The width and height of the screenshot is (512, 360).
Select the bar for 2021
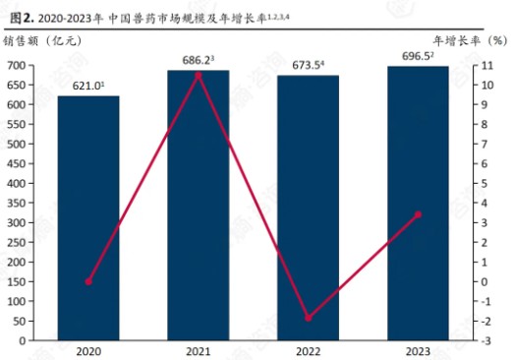pyautogui.click(x=199, y=206)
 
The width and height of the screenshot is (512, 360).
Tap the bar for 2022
pyautogui.click(x=308, y=208)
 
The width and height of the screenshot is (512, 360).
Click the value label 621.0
pyautogui.click(x=86, y=86)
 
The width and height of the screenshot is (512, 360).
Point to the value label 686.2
pyautogui.click(x=198, y=60)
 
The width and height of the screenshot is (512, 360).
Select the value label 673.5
pyautogui.click(x=308, y=65)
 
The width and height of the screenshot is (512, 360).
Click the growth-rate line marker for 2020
pyautogui.click(x=88, y=281)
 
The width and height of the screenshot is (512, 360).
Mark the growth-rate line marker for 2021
pyautogui.click(x=199, y=75)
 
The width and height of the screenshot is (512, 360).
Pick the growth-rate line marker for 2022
pyautogui.click(x=308, y=318)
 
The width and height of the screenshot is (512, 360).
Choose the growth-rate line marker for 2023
pyautogui.click(x=418, y=214)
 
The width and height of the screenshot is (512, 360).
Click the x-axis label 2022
pyautogui.click(x=308, y=351)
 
